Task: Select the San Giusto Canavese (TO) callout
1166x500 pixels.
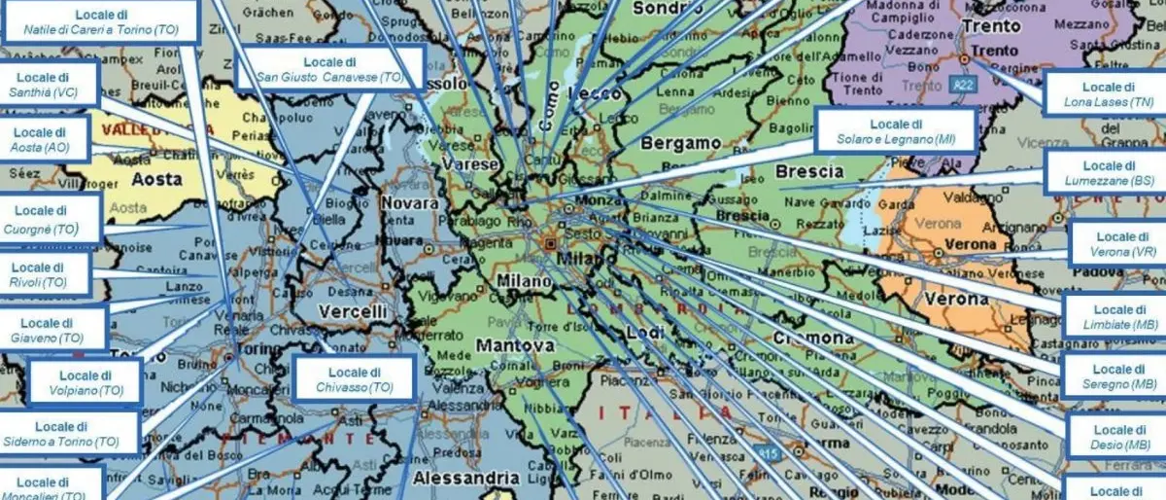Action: (x=329, y=69)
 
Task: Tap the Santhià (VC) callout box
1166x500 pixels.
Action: (x=50, y=85)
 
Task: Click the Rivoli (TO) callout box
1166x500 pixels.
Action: (x=46, y=274)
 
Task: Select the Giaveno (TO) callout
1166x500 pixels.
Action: (x=52, y=330)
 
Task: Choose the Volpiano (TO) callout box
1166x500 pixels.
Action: (x=86, y=382)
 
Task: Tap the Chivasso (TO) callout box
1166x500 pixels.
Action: (x=354, y=378)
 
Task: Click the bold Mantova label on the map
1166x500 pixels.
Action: (x=515, y=345)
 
